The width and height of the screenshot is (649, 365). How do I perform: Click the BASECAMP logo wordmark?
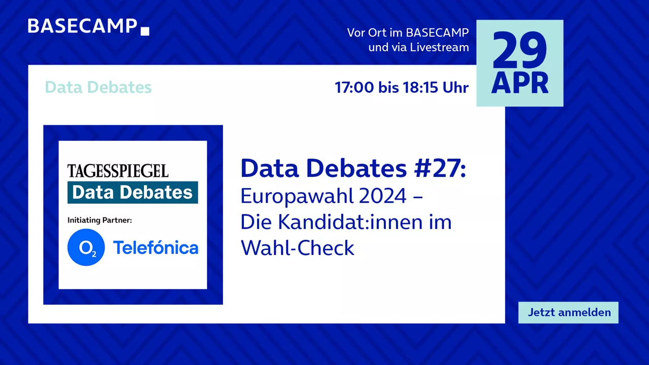[83, 26]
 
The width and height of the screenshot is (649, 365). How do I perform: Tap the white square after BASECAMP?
[145, 31]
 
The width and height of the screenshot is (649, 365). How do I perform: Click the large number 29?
[520, 50]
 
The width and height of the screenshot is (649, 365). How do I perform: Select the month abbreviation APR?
[520, 83]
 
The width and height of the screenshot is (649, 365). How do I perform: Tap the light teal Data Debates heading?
[98, 87]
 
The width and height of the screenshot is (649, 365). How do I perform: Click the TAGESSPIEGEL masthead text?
[118, 171]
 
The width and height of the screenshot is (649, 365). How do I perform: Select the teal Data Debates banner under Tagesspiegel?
[133, 192]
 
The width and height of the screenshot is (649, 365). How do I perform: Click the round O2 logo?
[86, 247]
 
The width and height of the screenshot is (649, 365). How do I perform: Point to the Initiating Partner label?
[100, 220]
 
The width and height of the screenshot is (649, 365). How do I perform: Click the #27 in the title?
[440, 168]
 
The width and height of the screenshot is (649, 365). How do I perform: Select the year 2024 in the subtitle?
[382, 196]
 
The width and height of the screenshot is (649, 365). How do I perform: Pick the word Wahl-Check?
[298, 248]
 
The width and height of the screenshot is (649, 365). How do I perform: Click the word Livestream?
[439, 47]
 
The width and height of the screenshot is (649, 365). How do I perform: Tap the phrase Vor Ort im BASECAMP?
[408, 33]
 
